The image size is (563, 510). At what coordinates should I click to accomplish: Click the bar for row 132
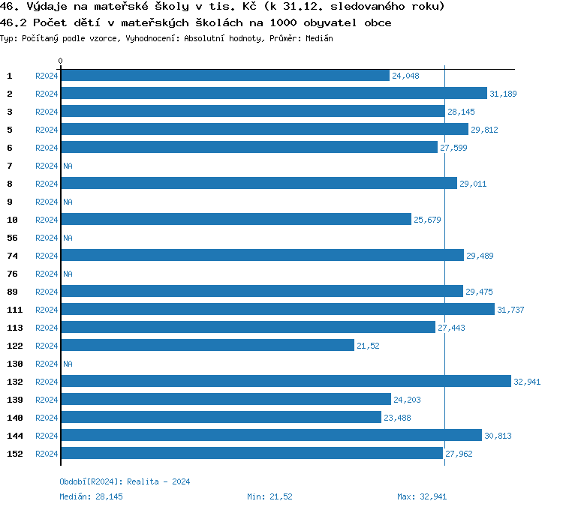[x=285, y=382]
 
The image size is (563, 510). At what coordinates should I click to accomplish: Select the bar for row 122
[x=207, y=346]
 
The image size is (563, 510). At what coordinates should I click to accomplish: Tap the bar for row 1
[x=225, y=76]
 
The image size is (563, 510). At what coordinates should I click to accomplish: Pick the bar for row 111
[x=278, y=310]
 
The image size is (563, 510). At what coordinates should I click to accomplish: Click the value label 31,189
[x=503, y=94]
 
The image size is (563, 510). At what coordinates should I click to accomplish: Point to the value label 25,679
[x=427, y=220]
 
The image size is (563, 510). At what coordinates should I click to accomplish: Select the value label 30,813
[x=498, y=436]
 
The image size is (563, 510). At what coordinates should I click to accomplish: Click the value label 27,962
[x=459, y=454]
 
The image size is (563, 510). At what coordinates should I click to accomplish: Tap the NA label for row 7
[x=68, y=166]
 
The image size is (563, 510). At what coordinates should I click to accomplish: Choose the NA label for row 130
[x=68, y=364]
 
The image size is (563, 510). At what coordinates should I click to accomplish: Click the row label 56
[x=12, y=238]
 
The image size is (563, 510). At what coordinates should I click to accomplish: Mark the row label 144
[x=14, y=436]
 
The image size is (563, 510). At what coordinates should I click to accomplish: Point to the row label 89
[x=12, y=292]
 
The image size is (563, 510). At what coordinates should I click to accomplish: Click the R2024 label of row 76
[x=47, y=274]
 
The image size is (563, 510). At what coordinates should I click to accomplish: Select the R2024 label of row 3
[x=47, y=112]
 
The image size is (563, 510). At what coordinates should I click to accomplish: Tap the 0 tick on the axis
[x=60, y=61]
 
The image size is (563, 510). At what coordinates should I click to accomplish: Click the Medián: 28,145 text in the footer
[x=91, y=496]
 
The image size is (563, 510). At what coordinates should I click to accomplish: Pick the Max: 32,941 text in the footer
[x=422, y=496]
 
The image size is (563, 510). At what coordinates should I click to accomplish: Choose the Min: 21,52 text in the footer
[x=269, y=496]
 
